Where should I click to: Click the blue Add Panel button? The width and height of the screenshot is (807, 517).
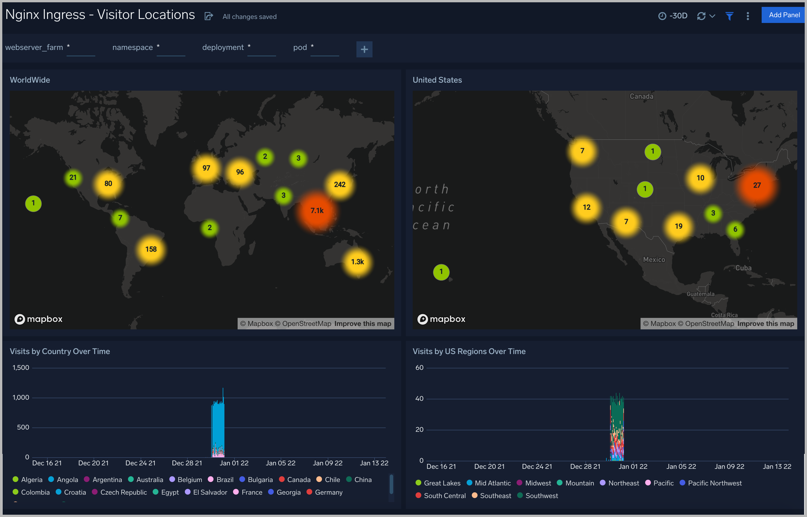[784, 15]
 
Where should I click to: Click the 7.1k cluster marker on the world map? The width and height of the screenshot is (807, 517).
[317, 211]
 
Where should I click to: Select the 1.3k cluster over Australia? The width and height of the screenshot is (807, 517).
[357, 262]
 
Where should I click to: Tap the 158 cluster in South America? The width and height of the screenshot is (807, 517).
[151, 249]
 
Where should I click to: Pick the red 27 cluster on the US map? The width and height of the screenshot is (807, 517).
[756, 185]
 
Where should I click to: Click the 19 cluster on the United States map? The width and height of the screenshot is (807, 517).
[678, 226]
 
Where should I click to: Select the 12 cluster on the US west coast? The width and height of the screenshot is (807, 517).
[586, 207]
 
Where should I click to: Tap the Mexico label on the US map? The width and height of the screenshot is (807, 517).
[653, 260]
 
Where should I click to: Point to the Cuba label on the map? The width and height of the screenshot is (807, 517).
[743, 268]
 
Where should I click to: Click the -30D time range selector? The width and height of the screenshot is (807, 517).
[673, 16]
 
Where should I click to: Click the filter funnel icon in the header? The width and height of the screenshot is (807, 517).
[729, 16]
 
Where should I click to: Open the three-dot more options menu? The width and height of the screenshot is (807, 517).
[748, 16]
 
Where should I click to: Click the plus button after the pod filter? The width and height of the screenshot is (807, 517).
[364, 50]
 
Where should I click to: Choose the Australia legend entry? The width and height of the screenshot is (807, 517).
[150, 480]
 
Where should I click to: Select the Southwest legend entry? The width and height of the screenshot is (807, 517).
[541, 496]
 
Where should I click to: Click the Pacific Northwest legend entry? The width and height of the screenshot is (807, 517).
[714, 483]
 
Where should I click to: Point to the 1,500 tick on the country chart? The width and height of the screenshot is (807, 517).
[21, 368]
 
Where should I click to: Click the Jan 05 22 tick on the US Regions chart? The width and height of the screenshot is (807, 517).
[681, 466]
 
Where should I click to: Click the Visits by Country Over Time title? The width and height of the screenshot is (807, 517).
[60, 351]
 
